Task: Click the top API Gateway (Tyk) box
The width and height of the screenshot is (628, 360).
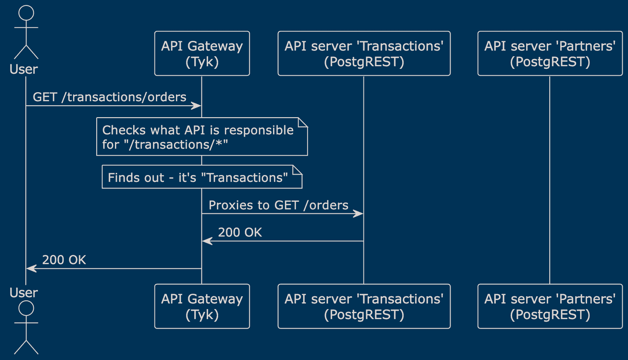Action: click(x=202, y=53)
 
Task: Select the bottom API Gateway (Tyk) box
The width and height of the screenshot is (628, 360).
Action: click(x=202, y=306)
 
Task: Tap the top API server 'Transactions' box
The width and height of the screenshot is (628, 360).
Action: click(x=364, y=53)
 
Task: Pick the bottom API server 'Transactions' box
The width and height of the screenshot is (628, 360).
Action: click(x=364, y=306)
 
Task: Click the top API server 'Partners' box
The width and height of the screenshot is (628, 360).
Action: click(x=550, y=53)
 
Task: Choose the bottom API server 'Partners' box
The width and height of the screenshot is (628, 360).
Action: click(x=550, y=306)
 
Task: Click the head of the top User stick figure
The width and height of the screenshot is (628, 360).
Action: click(x=26, y=13)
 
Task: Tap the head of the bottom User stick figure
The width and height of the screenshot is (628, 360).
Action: click(x=26, y=309)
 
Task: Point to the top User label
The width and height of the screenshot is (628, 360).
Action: click(x=23, y=69)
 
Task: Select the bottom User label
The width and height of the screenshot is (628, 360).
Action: click(x=23, y=293)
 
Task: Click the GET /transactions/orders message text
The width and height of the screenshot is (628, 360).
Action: click(x=109, y=97)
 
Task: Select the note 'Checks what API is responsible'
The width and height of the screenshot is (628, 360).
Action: click(x=202, y=137)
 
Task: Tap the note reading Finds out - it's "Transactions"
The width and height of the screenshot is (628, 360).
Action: click(x=202, y=177)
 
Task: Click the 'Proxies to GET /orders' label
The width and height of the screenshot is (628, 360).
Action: click(x=279, y=205)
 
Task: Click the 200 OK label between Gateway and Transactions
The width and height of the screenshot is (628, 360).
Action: click(x=240, y=232)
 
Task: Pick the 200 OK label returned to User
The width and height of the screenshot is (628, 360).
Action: click(x=64, y=260)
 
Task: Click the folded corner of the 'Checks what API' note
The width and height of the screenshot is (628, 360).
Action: click(x=303, y=123)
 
